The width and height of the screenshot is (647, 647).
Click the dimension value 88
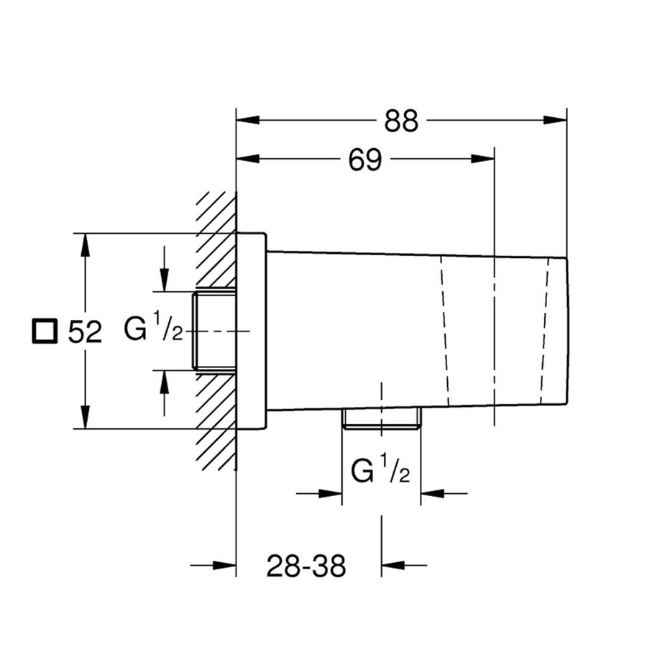coord(401,121)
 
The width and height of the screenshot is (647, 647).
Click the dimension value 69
coord(364,160)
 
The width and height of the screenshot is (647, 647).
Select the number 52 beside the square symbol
coord(85,331)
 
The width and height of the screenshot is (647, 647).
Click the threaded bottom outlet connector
coord(380,418)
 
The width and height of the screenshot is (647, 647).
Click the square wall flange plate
coord(251,331)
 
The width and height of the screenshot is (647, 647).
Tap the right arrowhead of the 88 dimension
coord(556,121)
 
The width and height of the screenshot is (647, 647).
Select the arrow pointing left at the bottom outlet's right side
coord(432,493)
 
